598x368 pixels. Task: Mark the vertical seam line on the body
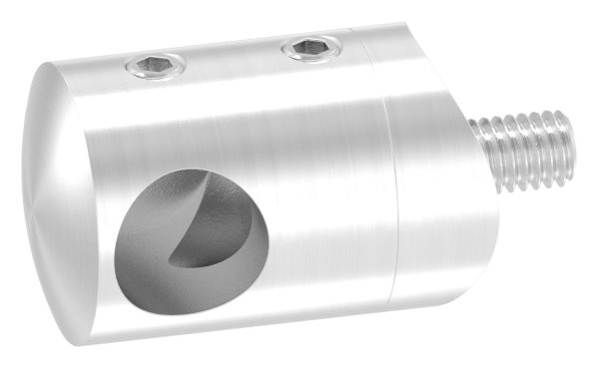pyautogui.click(x=390, y=189)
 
